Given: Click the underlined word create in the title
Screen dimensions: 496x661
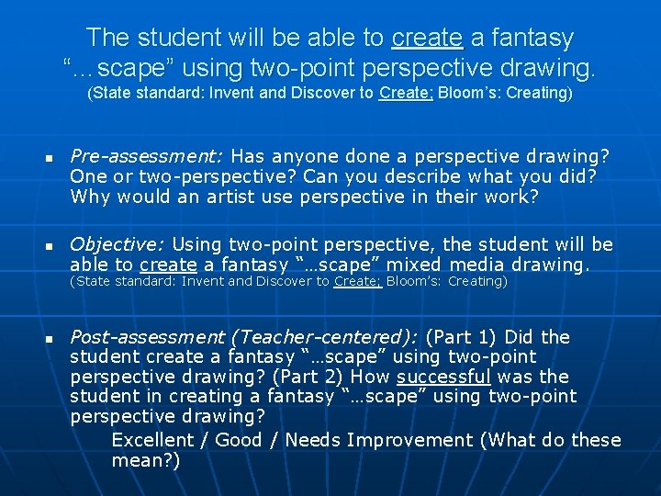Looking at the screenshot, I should (x=426, y=38).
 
